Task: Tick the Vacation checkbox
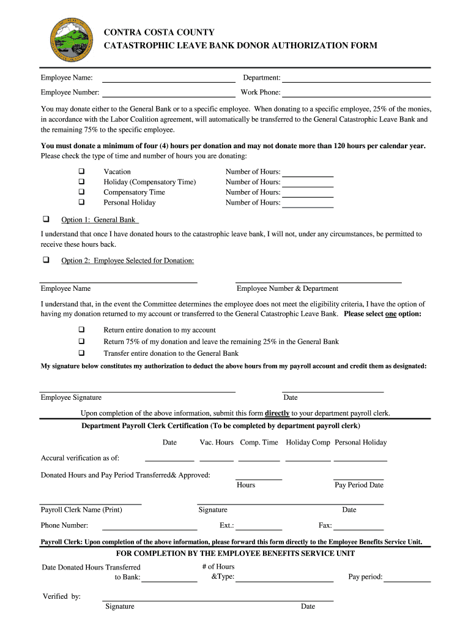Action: pyautogui.click(x=81, y=172)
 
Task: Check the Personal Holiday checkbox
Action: pyautogui.click(x=81, y=202)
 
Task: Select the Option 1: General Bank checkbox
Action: pyautogui.click(x=45, y=219)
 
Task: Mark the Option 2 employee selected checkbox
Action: pyautogui.click(x=45, y=260)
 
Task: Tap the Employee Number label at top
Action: pyautogui.click(x=70, y=92)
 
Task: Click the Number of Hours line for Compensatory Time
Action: pyautogui.click(x=307, y=195)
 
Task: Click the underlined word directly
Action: pyautogui.click(x=277, y=413)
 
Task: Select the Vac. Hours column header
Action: pyautogui.click(x=217, y=443)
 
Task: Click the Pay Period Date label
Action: pyautogui.click(x=359, y=485)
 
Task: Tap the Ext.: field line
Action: pyautogui.click(x=259, y=528)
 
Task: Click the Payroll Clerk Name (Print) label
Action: pyautogui.click(x=81, y=510)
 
